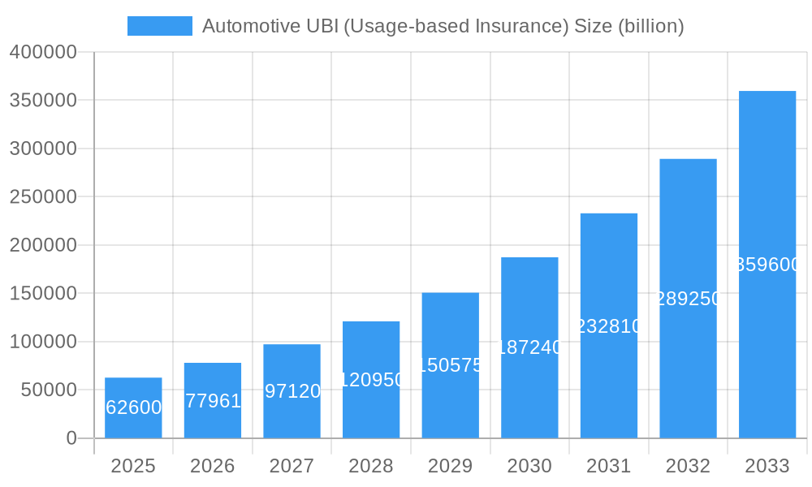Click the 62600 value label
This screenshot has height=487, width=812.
click(134, 407)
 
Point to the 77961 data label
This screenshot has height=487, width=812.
click(213, 401)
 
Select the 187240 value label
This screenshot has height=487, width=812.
click(529, 347)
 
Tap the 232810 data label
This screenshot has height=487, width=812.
click(609, 326)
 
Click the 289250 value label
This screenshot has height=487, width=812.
click(689, 299)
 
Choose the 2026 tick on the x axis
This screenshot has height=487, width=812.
click(213, 466)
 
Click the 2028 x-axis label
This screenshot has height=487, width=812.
click(371, 466)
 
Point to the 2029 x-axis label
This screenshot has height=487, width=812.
click(450, 466)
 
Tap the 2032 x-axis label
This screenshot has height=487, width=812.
click(688, 466)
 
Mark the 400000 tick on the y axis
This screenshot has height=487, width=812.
click(43, 53)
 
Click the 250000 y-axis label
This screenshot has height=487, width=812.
click(43, 197)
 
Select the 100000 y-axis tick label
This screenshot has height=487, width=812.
click(43, 342)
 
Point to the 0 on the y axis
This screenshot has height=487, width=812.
click(71, 438)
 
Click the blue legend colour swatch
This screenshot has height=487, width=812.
click(160, 26)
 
